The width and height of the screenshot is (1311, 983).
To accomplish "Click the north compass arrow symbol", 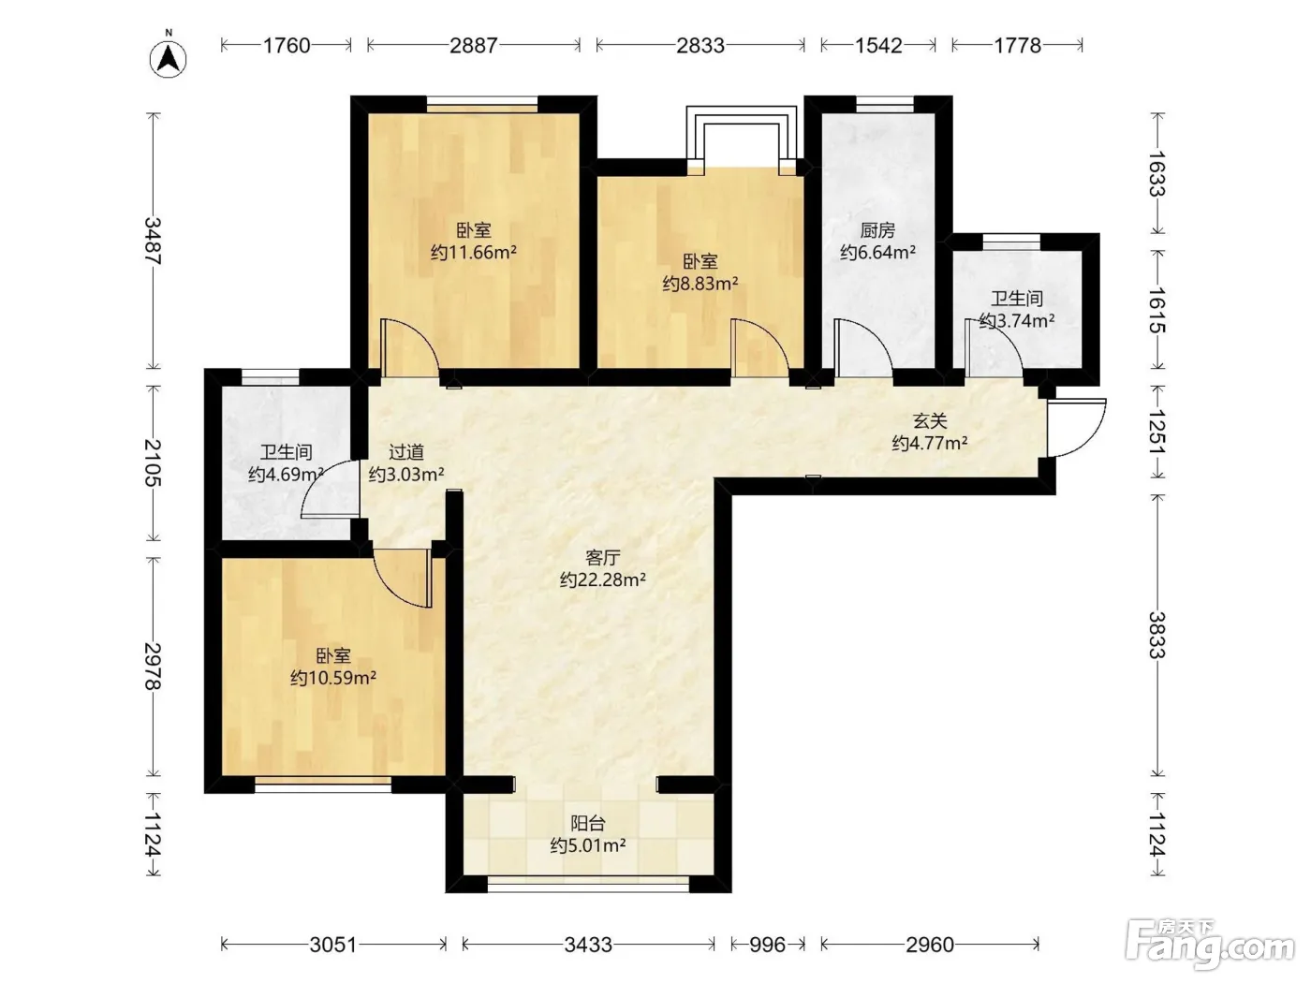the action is click(x=168, y=59).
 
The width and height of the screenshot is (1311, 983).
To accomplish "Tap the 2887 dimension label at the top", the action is click(x=473, y=45).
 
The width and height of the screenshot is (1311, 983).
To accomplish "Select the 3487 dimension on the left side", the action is click(x=153, y=241).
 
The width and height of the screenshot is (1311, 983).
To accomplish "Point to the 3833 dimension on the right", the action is click(x=1157, y=635).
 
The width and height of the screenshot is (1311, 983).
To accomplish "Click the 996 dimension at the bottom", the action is click(x=767, y=945).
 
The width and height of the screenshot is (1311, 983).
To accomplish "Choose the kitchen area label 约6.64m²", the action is click(x=877, y=252).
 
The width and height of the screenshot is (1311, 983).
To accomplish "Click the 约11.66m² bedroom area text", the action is click(x=473, y=252).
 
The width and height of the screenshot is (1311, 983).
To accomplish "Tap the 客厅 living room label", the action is click(x=602, y=557).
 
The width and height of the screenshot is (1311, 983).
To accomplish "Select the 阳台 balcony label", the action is click(x=588, y=824).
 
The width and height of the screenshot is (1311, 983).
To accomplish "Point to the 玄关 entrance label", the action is click(x=929, y=421).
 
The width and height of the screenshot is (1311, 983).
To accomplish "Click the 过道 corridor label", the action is click(x=405, y=452).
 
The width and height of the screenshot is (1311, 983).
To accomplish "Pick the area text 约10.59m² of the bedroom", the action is click(x=332, y=678).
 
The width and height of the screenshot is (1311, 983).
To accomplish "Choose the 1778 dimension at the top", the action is click(x=1017, y=45).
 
